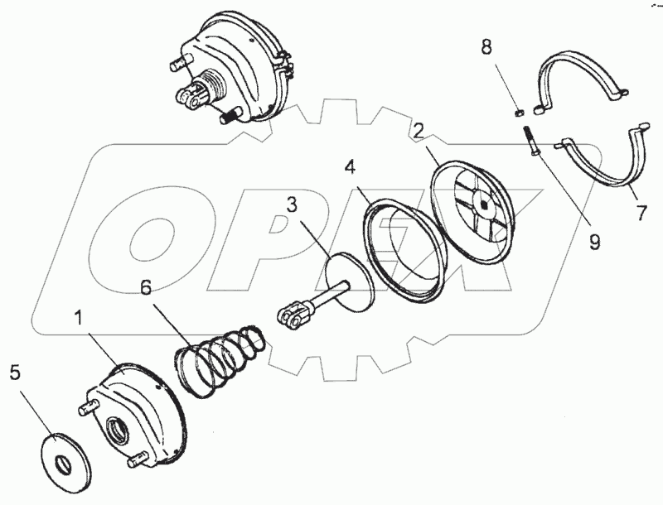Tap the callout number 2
pyautogui.click(x=420, y=130)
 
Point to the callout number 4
pyautogui.click(x=351, y=167)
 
